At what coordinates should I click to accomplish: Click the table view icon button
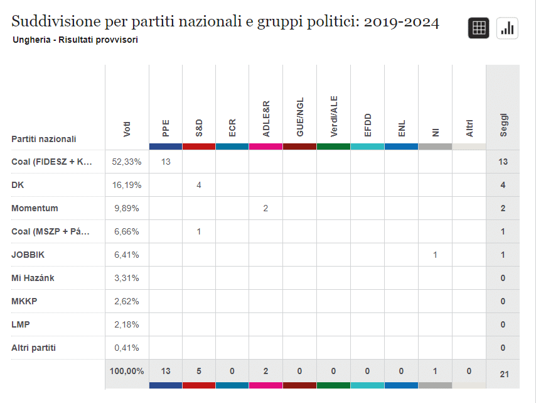478,28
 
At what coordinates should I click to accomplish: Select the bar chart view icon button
507,28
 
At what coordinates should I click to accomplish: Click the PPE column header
166,128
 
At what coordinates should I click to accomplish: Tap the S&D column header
199,128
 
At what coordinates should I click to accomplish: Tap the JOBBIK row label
28,255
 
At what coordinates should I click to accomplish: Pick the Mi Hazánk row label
33,278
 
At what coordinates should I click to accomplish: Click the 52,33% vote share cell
127,162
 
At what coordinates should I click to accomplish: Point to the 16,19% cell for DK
127,185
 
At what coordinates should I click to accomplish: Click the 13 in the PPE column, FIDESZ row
166,162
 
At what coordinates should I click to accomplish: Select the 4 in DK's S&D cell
199,185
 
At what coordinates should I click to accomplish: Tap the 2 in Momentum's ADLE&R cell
266,208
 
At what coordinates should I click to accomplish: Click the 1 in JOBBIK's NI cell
435,255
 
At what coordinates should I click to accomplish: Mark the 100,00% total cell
127,371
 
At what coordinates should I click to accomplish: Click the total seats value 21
503,374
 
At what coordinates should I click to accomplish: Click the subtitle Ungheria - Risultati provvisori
75,40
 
